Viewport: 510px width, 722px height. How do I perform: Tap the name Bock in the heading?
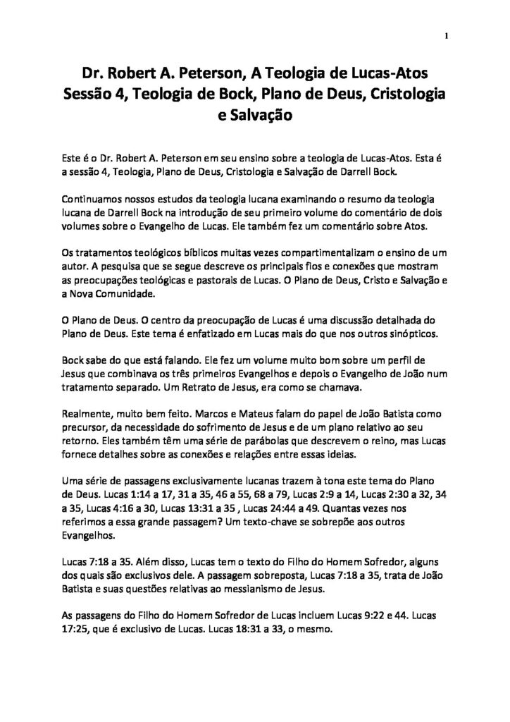[x=218, y=93]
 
